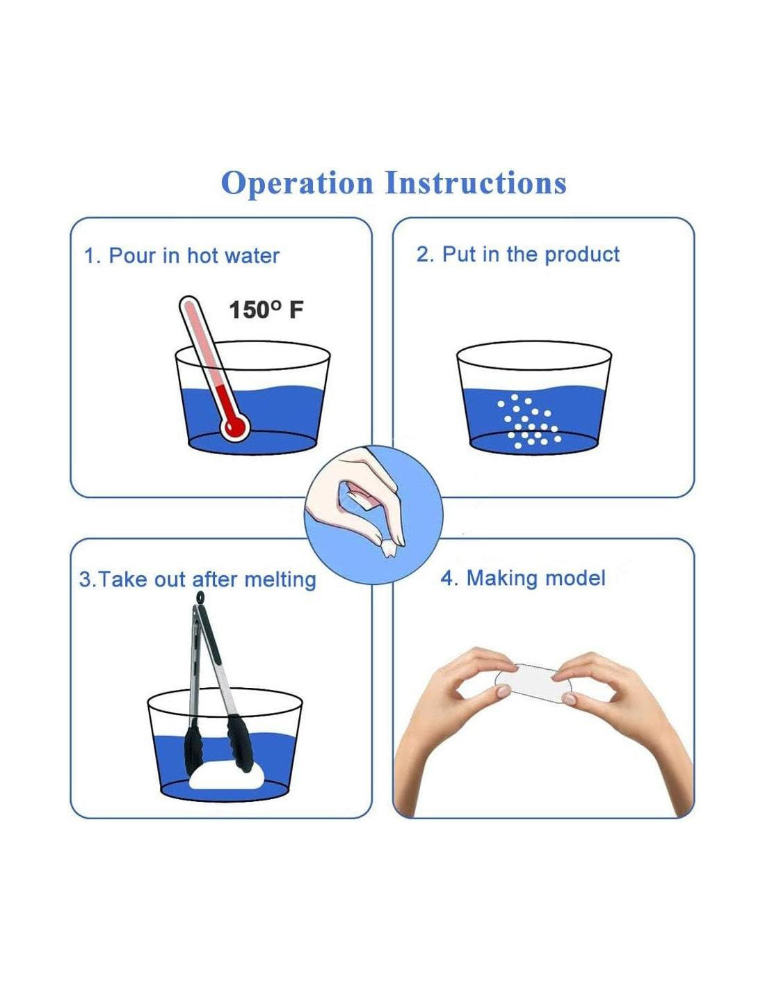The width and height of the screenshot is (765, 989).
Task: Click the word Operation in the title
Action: click(296, 184)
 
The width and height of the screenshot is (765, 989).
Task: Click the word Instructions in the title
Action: click(476, 183)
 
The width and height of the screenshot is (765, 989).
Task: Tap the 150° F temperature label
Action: click(266, 310)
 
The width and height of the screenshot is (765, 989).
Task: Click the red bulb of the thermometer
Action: click(235, 426)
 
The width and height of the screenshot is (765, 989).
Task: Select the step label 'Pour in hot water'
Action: click(194, 256)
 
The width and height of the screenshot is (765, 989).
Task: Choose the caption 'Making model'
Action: click(535, 578)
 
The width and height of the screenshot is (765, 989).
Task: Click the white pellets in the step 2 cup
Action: click(529, 421)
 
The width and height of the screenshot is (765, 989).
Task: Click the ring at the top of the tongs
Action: click(200, 597)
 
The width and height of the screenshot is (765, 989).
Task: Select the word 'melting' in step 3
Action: click(280, 580)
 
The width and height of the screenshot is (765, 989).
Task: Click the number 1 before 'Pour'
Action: click(90, 256)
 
